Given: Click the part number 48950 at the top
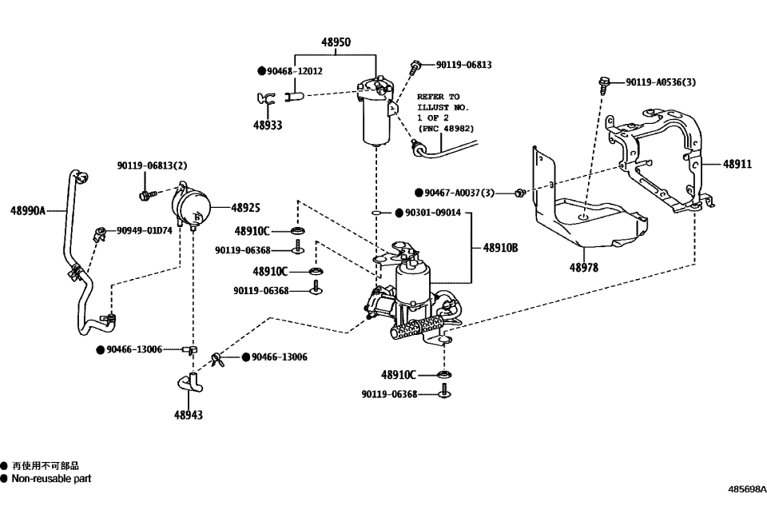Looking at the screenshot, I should tap(335, 42).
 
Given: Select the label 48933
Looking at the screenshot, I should tap(268, 125).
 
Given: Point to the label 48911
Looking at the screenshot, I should tap(737, 164).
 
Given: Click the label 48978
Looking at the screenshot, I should tap(583, 268).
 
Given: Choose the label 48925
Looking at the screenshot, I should tap(245, 208).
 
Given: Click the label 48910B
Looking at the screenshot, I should tap(500, 249).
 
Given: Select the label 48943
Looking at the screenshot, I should tap(189, 415).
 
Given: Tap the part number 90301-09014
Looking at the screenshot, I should tap(432, 213).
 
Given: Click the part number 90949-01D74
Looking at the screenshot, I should tap(144, 230).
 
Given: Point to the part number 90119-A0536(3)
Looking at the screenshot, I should tap(660, 82).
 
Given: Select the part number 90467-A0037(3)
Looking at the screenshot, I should tap(459, 193).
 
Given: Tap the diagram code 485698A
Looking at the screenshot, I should tap(746, 488).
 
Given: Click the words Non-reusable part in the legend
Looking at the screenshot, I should tap(50, 479).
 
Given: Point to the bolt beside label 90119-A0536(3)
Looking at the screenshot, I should tap(605, 82).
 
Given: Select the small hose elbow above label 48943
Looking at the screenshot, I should tap(189, 382).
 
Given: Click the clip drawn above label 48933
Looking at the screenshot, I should tap(266, 99).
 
